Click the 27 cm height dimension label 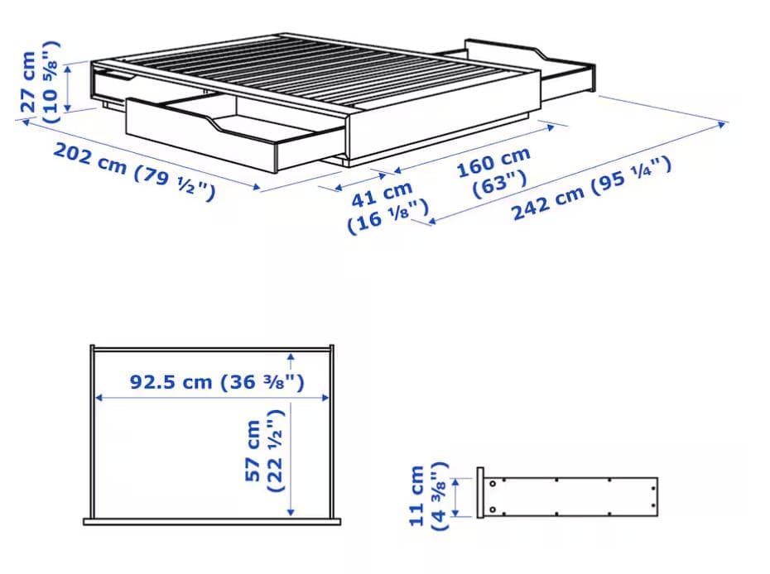click(x=28, y=81)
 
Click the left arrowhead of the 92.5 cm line click(x=99, y=398)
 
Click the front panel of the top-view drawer click(x=214, y=520)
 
